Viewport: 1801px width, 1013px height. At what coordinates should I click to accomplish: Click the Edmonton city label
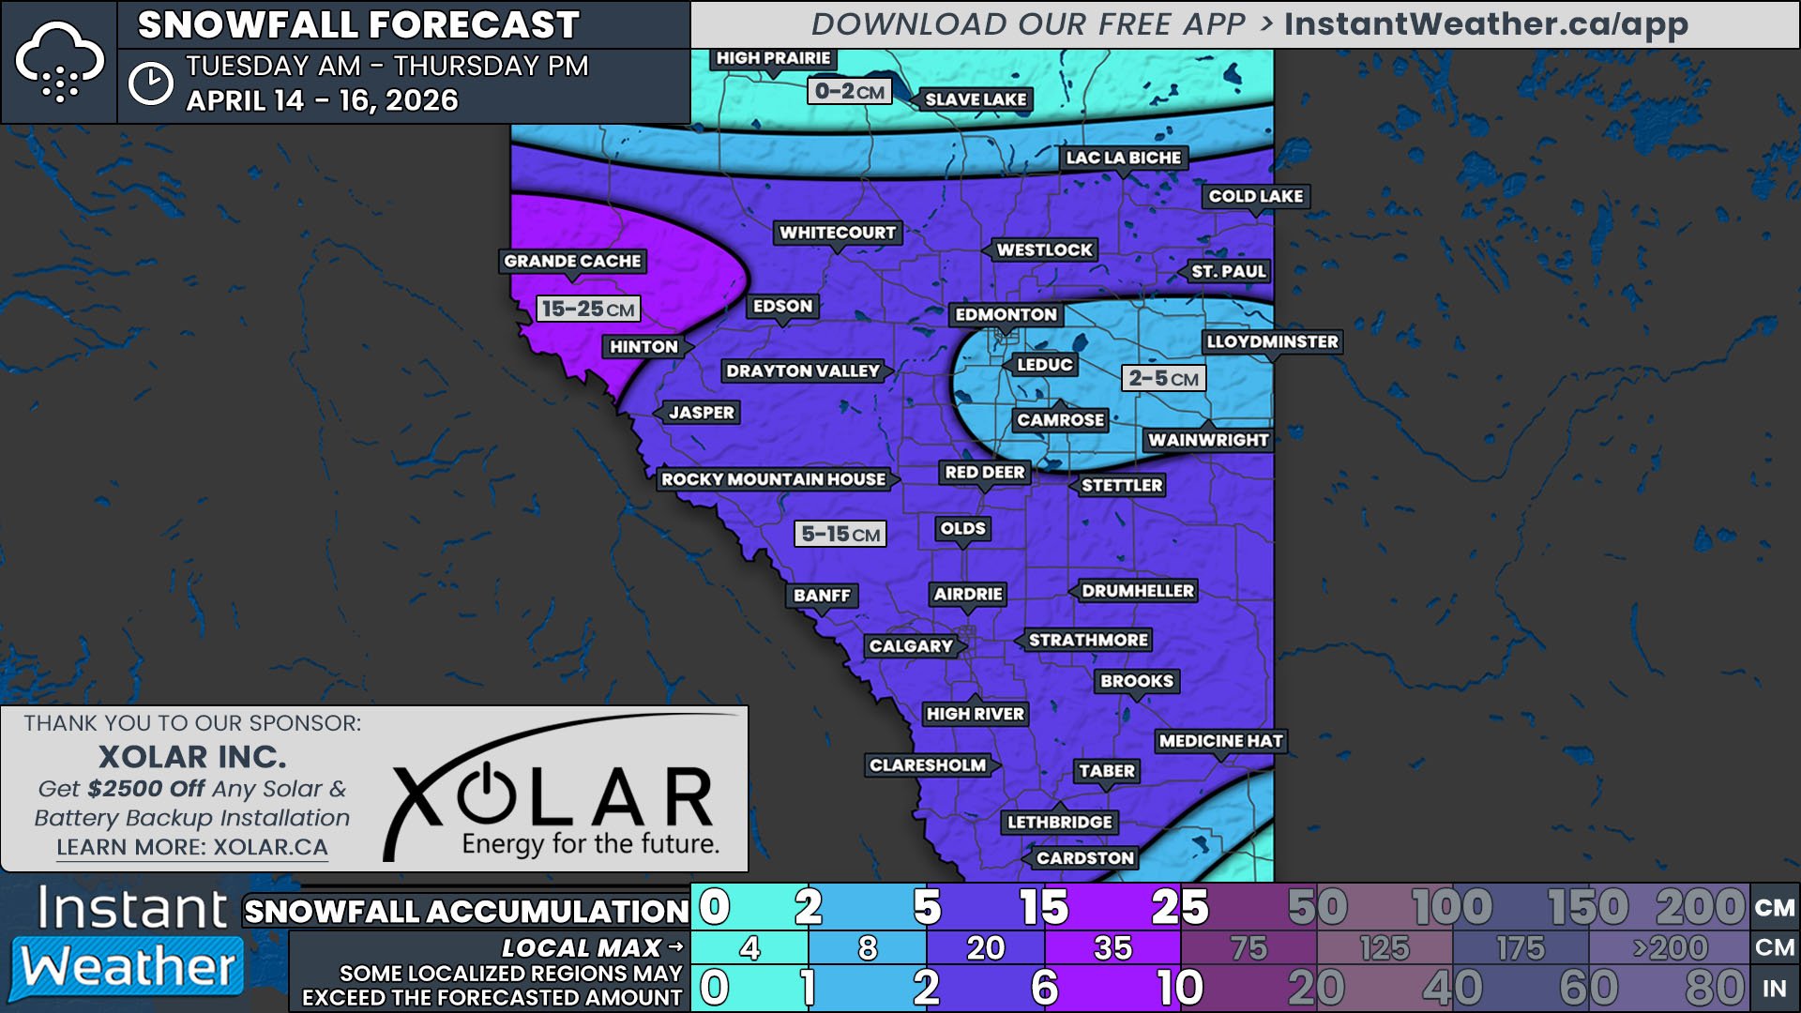1006,314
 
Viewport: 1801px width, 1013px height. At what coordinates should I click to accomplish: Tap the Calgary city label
911,645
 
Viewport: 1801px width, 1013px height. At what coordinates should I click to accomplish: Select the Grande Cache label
572,261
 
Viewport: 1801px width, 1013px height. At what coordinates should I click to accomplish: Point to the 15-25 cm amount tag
588,309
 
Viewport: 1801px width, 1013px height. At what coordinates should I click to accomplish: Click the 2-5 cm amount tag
1163,378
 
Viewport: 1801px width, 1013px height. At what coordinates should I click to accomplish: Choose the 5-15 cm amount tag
840,534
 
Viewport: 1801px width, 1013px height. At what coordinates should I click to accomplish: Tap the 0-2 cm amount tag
849,91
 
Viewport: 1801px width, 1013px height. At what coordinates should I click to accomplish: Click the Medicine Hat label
1220,741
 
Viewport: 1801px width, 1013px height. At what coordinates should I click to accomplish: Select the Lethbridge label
1059,822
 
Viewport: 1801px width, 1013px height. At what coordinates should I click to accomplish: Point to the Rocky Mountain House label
774,479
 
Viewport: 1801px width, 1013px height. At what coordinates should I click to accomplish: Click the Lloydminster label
1272,341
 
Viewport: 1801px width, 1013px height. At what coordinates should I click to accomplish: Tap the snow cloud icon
59,62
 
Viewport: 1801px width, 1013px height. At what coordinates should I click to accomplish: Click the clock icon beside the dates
150,83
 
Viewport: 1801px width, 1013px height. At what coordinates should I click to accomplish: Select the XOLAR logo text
553,797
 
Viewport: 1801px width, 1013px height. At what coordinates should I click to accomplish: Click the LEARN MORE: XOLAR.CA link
192,847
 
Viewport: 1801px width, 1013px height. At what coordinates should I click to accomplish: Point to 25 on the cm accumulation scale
1179,907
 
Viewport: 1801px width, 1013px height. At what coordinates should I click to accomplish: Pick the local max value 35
1112,948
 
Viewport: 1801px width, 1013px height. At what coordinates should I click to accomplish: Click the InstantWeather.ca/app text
1486,24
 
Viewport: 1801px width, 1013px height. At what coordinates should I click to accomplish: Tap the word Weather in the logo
129,966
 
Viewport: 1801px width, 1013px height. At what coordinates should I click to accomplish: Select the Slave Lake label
975,99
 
